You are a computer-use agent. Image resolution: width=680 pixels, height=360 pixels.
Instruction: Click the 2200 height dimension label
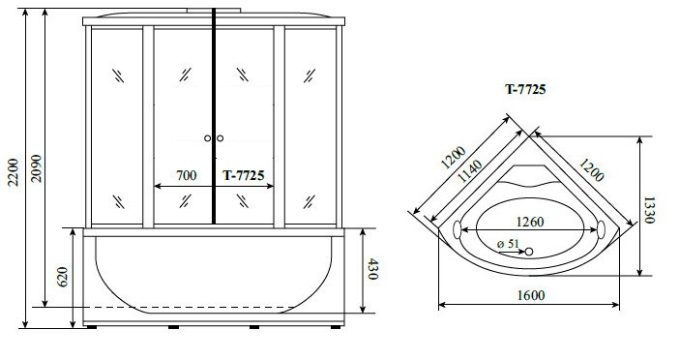pyautogui.click(x=13, y=172)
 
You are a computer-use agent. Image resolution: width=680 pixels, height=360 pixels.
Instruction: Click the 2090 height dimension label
pyautogui.click(x=36, y=168)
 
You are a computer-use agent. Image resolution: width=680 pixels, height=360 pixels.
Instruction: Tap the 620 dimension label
pyautogui.click(x=63, y=277)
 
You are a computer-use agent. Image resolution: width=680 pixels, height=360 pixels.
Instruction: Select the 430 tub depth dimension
pyautogui.click(x=372, y=269)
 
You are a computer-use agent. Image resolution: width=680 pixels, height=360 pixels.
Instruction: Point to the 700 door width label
pyautogui.click(x=186, y=175)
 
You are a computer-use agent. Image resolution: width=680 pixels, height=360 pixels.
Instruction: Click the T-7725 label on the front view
pyautogui.click(x=244, y=175)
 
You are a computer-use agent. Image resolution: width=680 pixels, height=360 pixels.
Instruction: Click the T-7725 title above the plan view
pyautogui.click(x=525, y=89)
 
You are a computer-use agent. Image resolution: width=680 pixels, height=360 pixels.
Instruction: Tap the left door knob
pyautogui.click(x=207, y=138)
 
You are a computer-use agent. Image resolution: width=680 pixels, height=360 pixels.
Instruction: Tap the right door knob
pyautogui.click(x=220, y=138)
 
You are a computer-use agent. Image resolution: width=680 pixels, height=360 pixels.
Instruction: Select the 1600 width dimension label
pyautogui.click(x=531, y=295)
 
